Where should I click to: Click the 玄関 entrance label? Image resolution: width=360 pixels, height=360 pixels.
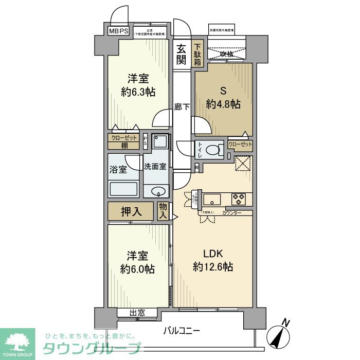click(x=182, y=55)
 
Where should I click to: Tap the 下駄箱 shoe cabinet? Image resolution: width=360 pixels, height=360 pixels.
click(x=198, y=55)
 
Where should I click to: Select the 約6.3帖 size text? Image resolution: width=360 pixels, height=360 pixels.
click(x=138, y=92)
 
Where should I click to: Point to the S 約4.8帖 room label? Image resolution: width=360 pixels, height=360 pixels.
click(x=223, y=96)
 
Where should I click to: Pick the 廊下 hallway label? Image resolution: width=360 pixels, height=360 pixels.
click(x=182, y=107)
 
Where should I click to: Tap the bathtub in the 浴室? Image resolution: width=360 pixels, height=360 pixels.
click(x=123, y=189)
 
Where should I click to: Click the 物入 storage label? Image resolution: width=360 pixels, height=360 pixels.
click(x=164, y=211)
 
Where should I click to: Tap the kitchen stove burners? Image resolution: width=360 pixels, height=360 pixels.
click(x=239, y=197)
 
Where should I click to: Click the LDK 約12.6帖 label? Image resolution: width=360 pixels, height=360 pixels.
click(x=213, y=260)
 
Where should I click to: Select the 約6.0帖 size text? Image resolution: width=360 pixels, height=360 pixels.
click(x=138, y=268)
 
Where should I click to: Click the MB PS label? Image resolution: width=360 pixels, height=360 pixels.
click(x=119, y=31)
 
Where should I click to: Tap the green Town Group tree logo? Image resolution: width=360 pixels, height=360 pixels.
click(x=18, y=343)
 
